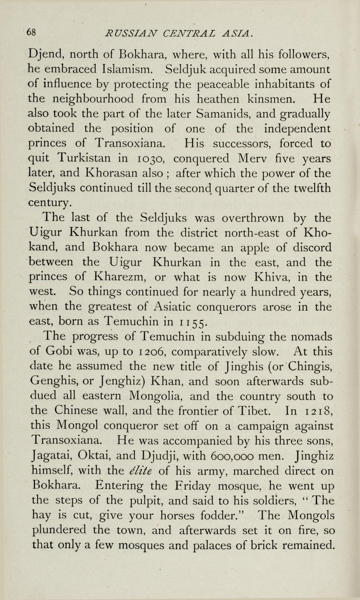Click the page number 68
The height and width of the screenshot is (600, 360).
[x=31, y=32]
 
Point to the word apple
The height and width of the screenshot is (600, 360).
[x=257, y=247]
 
